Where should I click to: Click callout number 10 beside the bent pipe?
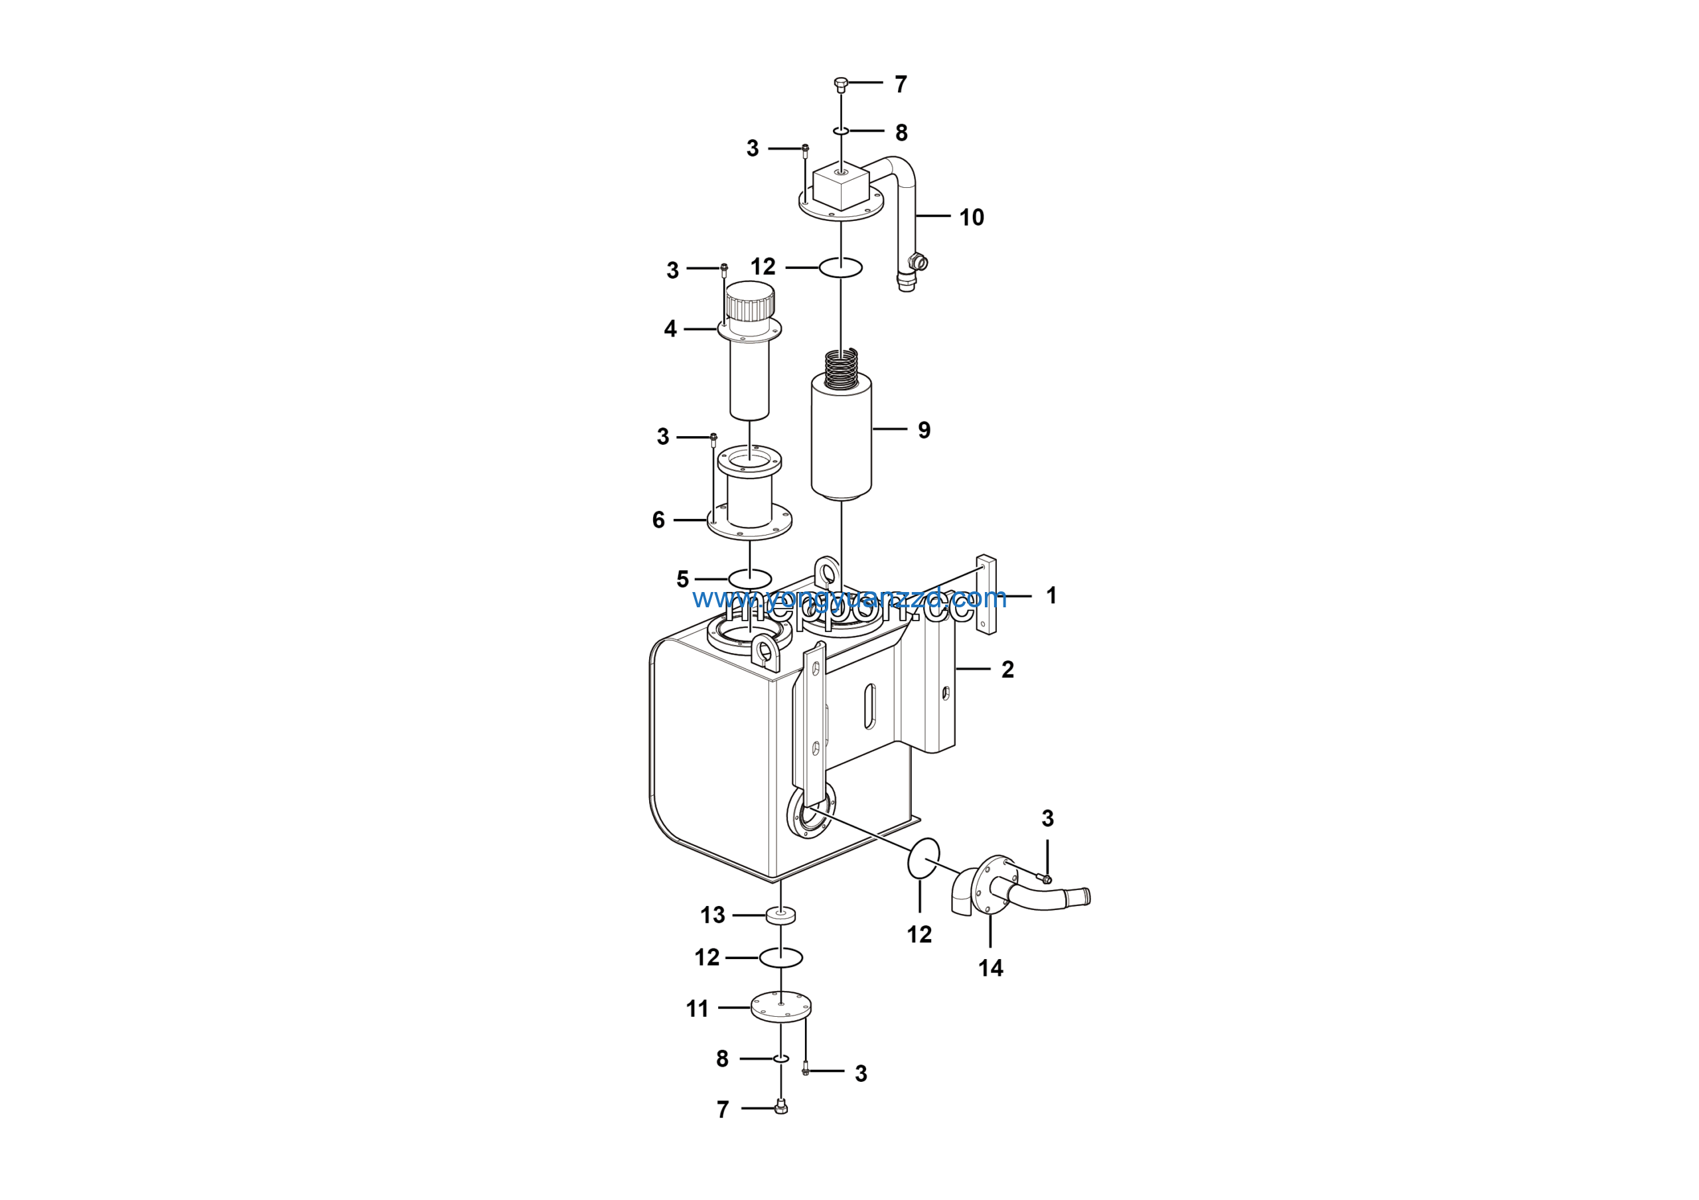point(971,218)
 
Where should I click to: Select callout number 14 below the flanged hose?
point(990,968)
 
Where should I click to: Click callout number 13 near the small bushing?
point(713,915)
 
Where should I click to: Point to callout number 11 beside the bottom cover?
point(697,1008)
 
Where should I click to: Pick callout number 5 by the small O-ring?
point(682,579)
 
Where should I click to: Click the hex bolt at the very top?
point(841,83)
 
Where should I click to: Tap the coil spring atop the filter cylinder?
point(842,369)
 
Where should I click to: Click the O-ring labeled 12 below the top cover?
point(841,267)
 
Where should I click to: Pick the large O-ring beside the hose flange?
point(923,858)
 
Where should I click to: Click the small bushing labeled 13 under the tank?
point(780,916)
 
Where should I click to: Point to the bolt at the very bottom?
point(780,1108)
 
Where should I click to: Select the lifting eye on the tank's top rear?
point(828,571)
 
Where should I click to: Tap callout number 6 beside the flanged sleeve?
point(658,520)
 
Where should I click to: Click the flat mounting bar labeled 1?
point(986,595)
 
